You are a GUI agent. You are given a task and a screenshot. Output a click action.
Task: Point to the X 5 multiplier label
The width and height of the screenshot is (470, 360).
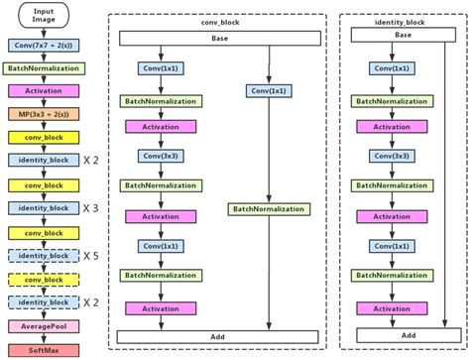click(x=92, y=255)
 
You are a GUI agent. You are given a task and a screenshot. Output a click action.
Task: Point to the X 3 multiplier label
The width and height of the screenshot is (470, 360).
click(x=92, y=208)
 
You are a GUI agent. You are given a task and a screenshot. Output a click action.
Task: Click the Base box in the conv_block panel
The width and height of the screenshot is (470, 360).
click(x=219, y=38)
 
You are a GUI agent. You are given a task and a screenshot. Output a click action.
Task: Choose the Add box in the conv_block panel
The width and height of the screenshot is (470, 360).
click(x=219, y=337)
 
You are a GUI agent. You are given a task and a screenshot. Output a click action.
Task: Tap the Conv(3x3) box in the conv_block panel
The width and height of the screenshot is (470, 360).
click(x=159, y=157)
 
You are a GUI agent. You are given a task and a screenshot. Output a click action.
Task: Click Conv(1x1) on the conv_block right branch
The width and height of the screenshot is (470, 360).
click(x=269, y=91)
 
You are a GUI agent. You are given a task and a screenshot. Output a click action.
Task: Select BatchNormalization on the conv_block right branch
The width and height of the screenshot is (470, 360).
click(x=269, y=208)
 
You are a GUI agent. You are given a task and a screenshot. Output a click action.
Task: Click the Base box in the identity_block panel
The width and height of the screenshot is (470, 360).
click(x=403, y=35)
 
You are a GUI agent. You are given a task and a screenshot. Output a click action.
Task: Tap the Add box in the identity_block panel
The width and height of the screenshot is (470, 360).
click(x=403, y=337)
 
